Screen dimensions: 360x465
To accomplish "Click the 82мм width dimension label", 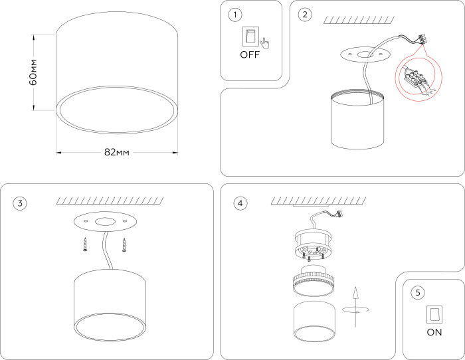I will (116, 152).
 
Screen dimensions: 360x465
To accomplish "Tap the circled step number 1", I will (234, 14).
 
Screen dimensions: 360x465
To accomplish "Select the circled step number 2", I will (305, 14).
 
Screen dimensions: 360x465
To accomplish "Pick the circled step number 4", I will (240, 203).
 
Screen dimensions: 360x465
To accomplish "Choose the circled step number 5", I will (417, 292).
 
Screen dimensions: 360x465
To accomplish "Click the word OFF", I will (250, 55).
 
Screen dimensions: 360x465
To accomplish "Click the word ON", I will (434, 333).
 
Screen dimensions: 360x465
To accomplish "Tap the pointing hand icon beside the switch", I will (265, 43).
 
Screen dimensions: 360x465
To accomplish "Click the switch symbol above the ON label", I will (434, 314).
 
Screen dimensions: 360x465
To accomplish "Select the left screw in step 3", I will (85, 244).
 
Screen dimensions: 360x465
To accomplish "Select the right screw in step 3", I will (124, 244).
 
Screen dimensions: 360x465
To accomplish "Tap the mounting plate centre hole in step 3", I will (104, 221).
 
